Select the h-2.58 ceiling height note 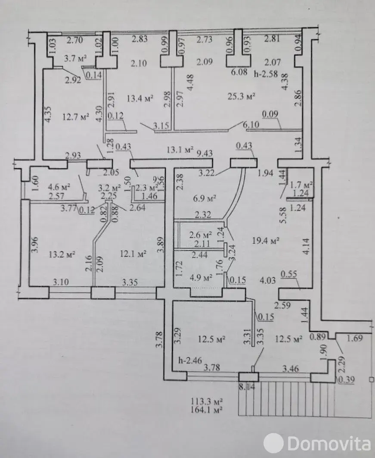268,72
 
